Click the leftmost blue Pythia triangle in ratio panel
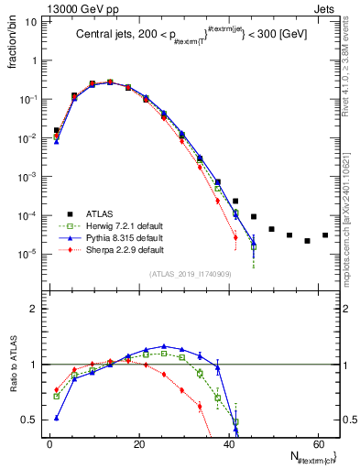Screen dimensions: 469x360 click(x=57, y=418)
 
